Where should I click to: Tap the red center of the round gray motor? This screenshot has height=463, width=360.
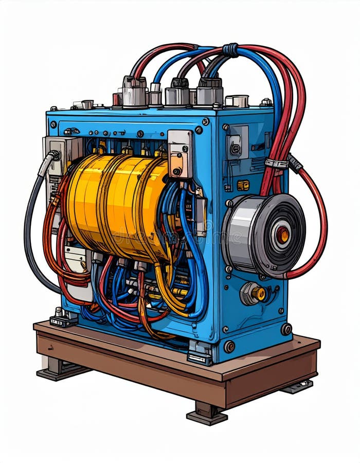click(282, 235)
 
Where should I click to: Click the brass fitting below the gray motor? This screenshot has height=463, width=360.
click(255, 293)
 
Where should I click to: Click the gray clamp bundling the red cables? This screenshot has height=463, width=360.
click(277, 164)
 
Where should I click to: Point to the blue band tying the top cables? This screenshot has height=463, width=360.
click(230, 50)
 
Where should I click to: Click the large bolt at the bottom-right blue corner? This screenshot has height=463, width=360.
click(286, 329)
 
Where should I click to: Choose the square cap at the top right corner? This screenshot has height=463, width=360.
click(237, 101)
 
